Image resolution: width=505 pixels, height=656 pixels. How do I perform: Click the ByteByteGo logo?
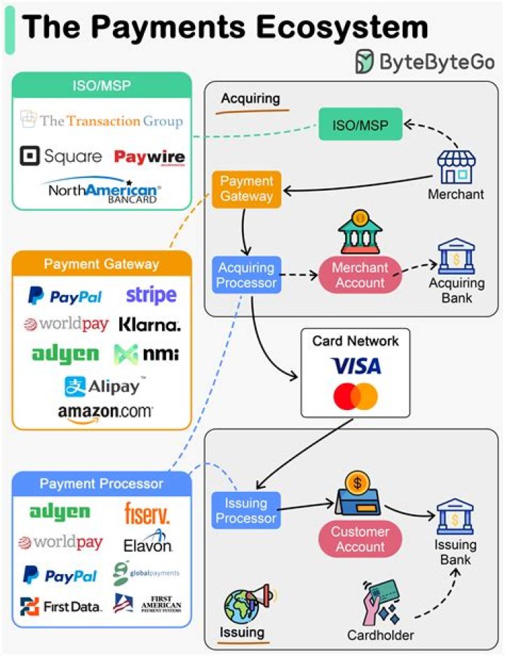[424, 62]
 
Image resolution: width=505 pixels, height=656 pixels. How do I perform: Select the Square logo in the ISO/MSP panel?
[61, 156]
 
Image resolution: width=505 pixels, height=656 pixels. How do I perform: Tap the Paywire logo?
[149, 156]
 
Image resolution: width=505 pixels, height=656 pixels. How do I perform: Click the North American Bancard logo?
[102, 189]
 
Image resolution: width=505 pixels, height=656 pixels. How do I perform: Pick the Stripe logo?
[151, 295]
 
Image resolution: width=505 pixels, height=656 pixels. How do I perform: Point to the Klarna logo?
[149, 324]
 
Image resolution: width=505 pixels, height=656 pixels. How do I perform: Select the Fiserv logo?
[147, 513]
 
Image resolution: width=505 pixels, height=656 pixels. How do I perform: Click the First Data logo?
[61, 606]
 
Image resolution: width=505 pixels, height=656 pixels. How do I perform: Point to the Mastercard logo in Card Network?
[356, 397]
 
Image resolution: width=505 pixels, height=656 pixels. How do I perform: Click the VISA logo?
[356, 366]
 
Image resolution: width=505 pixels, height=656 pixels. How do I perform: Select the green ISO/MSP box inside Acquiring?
[361, 125]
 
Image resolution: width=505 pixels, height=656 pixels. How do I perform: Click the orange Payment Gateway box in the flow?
[246, 189]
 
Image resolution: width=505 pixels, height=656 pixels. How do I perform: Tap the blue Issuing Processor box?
[245, 510]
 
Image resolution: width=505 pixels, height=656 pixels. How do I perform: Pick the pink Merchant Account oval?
[359, 275]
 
